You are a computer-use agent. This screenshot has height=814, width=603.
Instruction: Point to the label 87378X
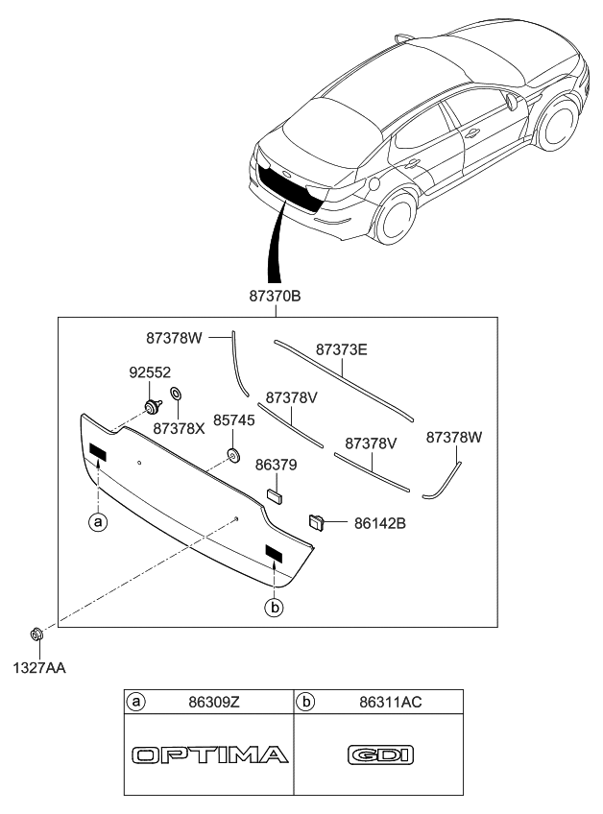[179, 429]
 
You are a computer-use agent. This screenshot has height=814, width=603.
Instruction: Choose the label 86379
[276, 465]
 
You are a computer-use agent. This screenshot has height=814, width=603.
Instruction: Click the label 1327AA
[38, 663]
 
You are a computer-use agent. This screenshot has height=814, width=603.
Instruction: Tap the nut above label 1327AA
[36, 634]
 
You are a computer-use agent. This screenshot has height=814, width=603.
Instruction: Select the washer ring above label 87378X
[177, 395]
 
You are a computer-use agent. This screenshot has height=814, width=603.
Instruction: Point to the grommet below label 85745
[232, 453]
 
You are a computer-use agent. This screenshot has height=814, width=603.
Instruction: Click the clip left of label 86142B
[315, 522]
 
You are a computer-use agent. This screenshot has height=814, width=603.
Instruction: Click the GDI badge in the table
[378, 755]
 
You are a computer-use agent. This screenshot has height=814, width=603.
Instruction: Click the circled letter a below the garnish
[96, 522]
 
